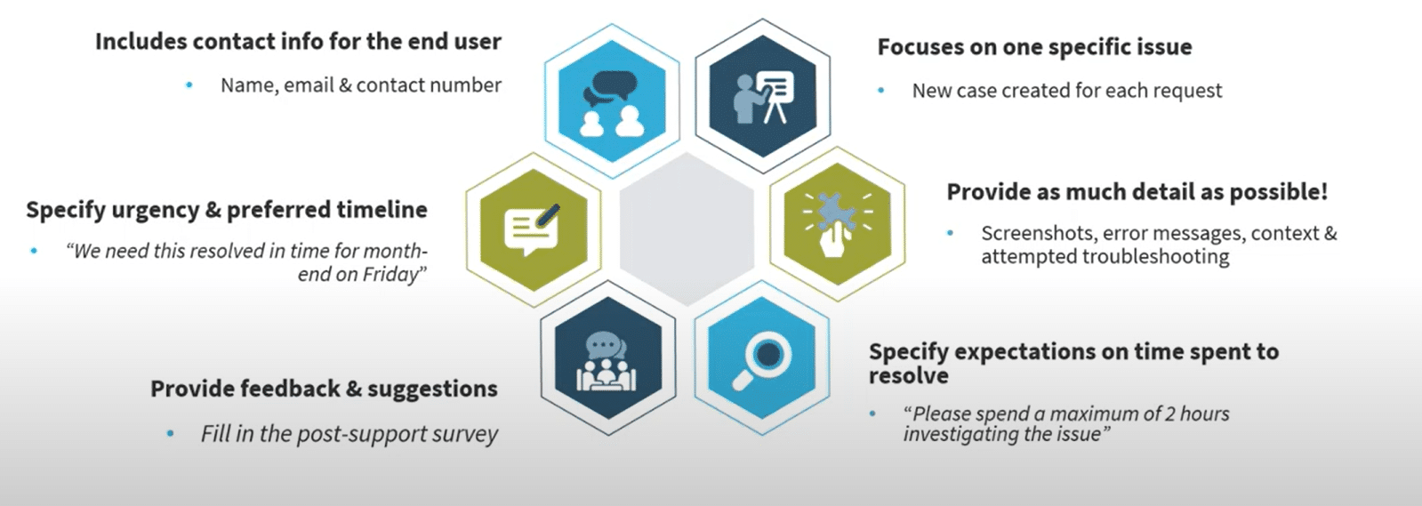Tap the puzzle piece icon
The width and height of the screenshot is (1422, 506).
click(838, 224)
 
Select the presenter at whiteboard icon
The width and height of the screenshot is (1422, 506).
click(763, 97)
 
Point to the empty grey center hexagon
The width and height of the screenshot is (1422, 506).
click(687, 229)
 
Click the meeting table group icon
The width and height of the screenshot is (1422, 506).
click(607, 361)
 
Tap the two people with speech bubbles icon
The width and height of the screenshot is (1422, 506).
click(611, 103)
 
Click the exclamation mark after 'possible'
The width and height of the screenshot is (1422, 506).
click(1323, 192)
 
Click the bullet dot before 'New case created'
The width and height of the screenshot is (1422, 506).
click(881, 91)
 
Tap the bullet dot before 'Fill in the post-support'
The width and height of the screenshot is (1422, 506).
click(170, 434)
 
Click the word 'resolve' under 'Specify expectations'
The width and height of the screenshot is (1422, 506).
click(909, 376)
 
